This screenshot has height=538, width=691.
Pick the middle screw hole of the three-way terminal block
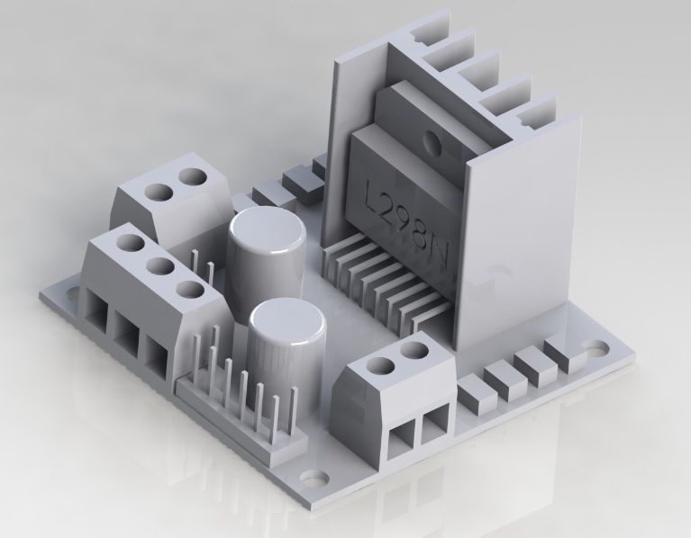point(159,266)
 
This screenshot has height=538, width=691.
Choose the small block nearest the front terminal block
point(476,395)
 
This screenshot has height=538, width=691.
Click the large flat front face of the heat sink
point(518,243)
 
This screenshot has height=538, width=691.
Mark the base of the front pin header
point(239,423)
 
